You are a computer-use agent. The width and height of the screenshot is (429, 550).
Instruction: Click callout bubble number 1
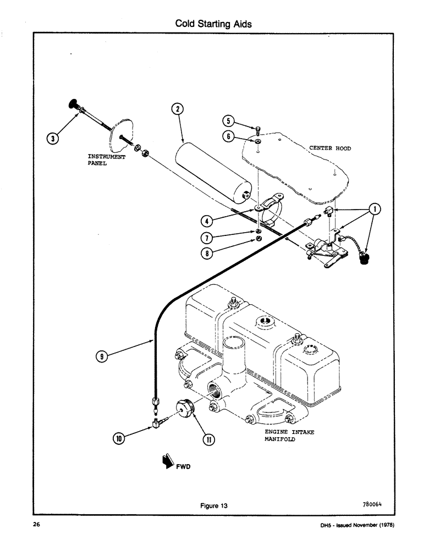click(x=375, y=209)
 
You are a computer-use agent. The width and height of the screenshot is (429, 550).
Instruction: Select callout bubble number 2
click(x=177, y=109)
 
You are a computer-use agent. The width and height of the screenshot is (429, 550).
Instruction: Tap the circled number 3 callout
click(x=52, y=139)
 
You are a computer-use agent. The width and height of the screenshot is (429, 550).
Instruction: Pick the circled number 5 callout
click(x=229, y=121)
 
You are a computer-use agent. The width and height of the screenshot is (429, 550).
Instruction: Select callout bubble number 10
click(x=119, y=438)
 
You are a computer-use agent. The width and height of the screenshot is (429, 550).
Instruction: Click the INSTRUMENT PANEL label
click(x=106, y=160)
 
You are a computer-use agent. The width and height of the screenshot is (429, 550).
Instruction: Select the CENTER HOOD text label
click(x=329, y=148)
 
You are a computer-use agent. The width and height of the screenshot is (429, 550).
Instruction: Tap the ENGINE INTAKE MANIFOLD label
click(x=285, y=436)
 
